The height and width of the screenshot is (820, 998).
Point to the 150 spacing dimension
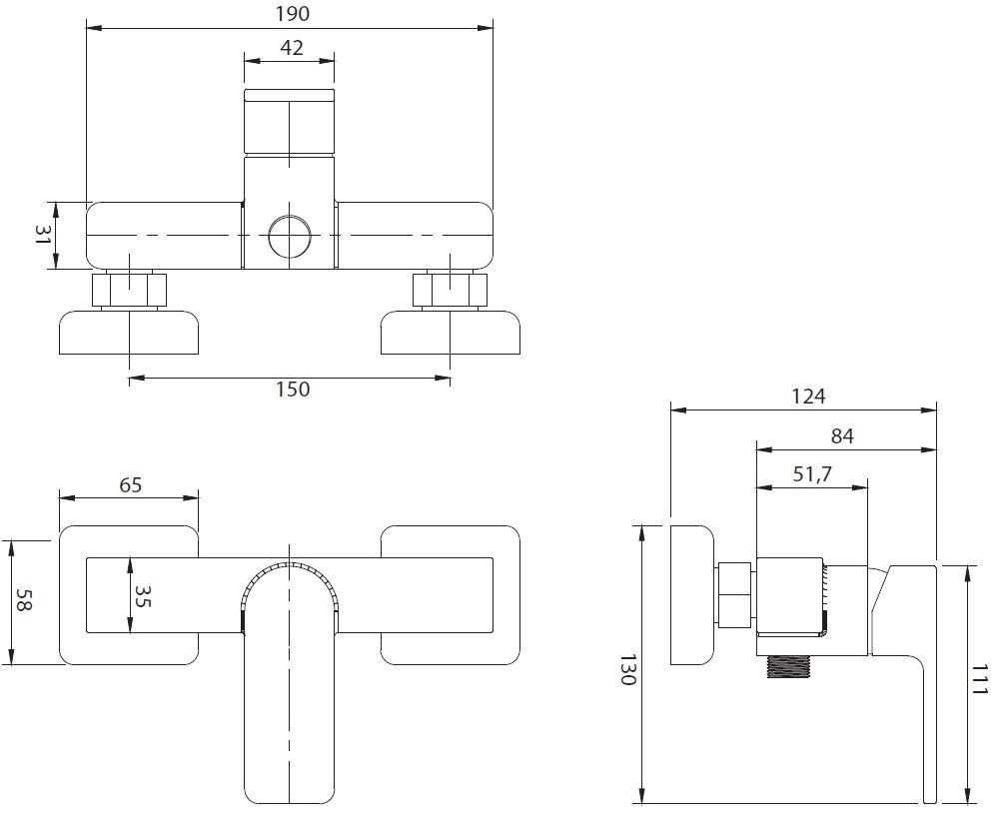(x=291, y=391)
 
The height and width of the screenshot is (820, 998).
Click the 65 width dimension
(x=131, y=485)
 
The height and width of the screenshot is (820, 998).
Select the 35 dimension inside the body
(x=142, y=595)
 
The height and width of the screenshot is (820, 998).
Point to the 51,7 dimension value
(x=813, y=474)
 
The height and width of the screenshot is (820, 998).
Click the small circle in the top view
(x=290, y=237)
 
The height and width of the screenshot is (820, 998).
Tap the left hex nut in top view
(x=130, y=291)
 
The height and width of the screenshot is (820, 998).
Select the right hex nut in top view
(x=451, y=291)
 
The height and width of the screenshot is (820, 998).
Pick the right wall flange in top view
(x=451, y=333)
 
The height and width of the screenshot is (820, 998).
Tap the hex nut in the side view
(x=735, y=595)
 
